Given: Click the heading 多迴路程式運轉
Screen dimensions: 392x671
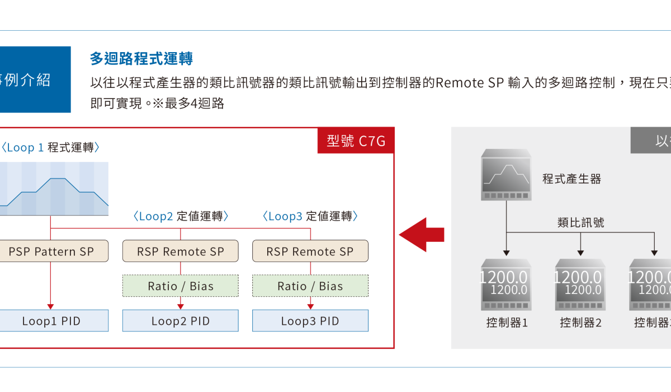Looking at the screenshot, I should pos(141,59).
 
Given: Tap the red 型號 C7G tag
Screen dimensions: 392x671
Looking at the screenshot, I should pos(356,141).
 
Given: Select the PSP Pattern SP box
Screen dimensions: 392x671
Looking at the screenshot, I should pos(51,251).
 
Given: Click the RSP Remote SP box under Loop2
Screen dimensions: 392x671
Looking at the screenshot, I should pos(180,251).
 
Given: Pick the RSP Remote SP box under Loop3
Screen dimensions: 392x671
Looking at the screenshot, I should pos(310,251).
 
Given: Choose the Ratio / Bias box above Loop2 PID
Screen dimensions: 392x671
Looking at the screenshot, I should pos(180,286).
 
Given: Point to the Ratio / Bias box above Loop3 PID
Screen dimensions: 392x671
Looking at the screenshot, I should pos(310,286).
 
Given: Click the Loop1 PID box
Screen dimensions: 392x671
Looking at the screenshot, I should pos(51,321).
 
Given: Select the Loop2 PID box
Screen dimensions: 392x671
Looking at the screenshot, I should pos(180,321).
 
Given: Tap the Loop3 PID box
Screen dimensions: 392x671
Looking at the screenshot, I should pos(310,321).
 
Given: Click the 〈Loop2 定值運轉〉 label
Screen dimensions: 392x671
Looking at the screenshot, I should pos(181,216).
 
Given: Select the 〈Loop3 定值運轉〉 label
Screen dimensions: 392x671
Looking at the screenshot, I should pos(310,216).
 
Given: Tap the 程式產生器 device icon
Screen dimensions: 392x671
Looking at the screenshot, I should pos(506,175).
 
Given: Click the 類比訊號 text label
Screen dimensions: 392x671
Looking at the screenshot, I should pos(581,222).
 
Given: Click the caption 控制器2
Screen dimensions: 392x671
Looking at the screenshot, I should pos(580,323).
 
